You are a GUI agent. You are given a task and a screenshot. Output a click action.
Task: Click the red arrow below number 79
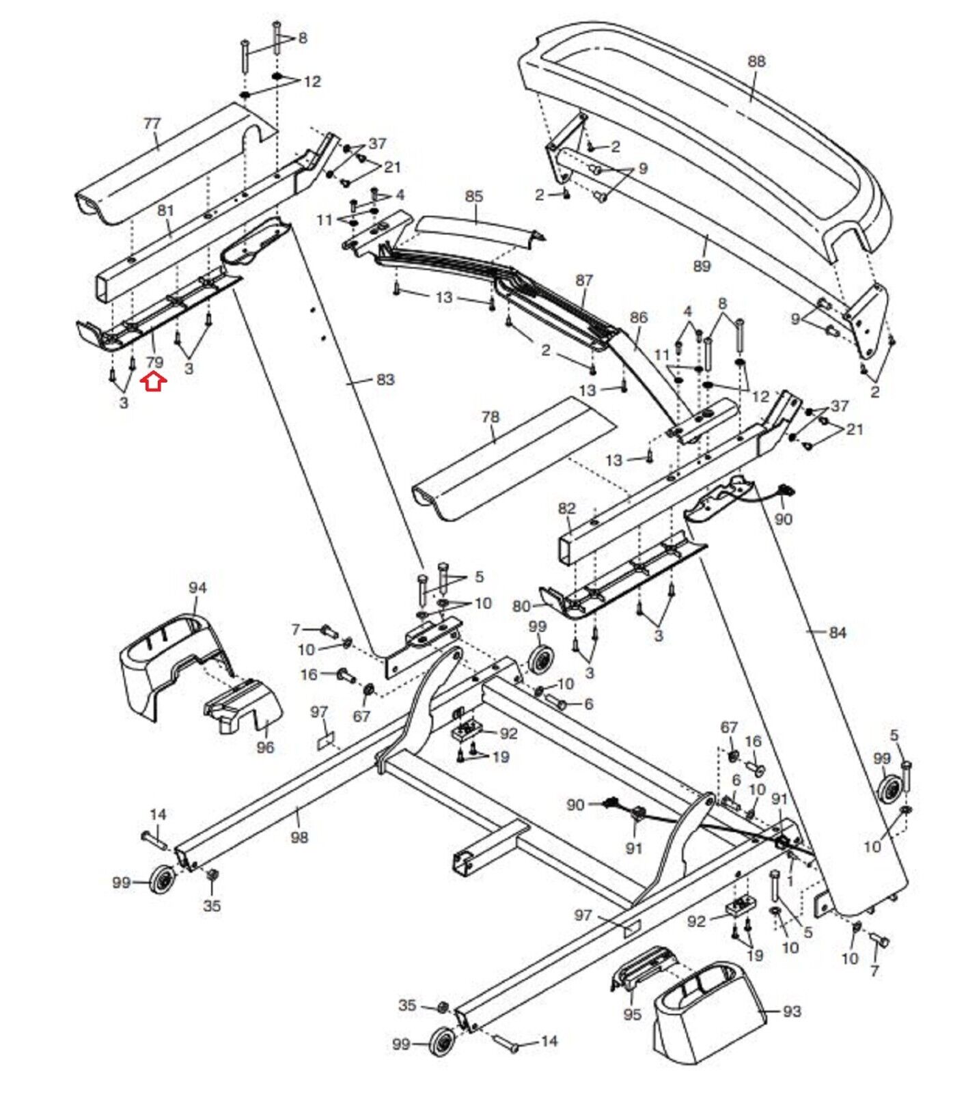click(154, 382)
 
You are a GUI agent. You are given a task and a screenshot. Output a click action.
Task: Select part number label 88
click(756, 61)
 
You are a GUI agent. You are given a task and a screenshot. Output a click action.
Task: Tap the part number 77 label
click(152, 124)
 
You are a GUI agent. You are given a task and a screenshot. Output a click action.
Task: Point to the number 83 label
click(385, 379)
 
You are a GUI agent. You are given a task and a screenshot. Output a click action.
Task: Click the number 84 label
click(838, 633)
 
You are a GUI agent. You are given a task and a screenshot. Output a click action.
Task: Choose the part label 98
click(299, 837)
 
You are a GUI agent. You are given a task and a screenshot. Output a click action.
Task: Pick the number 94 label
click(197, 587)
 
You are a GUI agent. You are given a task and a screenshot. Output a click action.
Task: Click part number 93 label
click(792, 1010)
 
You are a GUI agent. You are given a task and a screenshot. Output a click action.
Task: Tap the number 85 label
click(474, 196)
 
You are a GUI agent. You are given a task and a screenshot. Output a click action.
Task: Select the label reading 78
click(490, 417)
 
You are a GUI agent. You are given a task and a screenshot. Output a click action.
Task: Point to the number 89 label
click(702, 266)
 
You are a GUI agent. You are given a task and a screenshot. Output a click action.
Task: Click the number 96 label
click(265, 747)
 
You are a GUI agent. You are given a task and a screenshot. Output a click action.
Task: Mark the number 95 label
click(633, 1014)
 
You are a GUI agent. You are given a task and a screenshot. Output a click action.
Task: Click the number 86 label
click(638, 318)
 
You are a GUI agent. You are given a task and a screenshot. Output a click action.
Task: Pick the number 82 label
click(567, 508)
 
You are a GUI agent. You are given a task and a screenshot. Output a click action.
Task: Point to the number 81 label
click(166, 210)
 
